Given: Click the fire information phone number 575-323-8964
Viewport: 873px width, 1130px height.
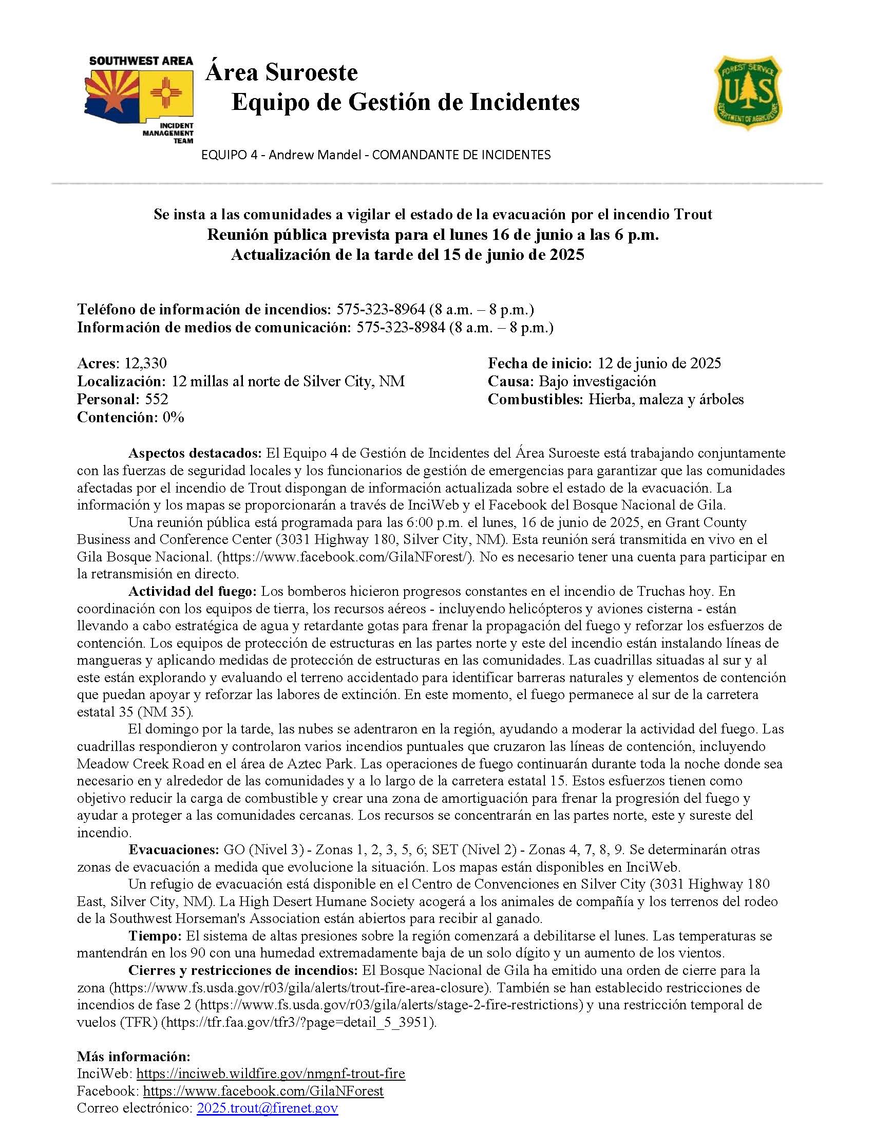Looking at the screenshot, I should coord(381,309).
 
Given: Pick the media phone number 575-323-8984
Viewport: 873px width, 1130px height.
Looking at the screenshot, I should coord(401,328).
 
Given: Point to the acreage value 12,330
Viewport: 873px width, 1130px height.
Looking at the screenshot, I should coord(145,363).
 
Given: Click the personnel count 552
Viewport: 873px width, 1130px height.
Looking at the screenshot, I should coord(156,399).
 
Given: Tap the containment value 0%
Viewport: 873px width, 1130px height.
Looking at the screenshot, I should coord(173,417).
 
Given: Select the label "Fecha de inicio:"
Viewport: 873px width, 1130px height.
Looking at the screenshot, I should coord(540,363).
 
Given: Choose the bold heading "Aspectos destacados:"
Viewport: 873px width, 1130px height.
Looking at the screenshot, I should coord(195,453).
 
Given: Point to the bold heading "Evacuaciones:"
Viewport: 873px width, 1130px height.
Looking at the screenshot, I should coord(174,850).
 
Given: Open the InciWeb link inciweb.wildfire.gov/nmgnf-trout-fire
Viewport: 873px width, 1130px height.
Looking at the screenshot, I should coord(271,1073).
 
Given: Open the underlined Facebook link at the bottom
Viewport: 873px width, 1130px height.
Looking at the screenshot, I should coord(263,1091).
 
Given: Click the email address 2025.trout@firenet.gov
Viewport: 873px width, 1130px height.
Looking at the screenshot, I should coord(268,1108).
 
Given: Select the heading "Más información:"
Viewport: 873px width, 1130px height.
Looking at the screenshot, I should coord(134,1056).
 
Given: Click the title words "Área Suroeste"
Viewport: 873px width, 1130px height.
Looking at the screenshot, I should coord(281,72).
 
